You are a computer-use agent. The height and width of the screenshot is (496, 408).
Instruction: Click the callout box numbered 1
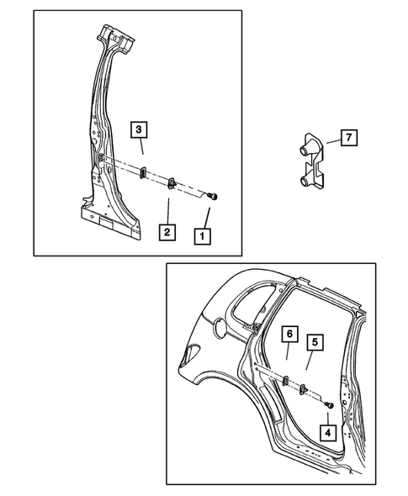coord(202,236)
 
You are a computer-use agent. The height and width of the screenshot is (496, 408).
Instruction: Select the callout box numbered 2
coord(167,232)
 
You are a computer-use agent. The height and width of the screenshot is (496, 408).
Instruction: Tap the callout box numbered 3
coord(139,129)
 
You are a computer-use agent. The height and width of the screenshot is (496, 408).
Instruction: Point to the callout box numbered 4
coord(327,433)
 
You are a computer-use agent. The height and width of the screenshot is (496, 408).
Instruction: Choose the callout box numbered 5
coord(315,342)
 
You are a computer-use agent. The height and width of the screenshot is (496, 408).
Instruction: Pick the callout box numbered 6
coord(290,334)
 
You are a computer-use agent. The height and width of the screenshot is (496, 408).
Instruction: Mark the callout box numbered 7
coord(349,138)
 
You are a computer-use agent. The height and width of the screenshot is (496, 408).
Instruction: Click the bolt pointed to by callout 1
coord(213,197)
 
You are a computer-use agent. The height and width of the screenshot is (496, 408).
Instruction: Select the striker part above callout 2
coord(172,183)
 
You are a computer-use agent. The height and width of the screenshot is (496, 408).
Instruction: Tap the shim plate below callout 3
coord(143,171)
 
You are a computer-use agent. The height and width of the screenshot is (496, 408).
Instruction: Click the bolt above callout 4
coord(329,404)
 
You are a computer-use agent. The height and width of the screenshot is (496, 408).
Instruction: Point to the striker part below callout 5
coord(303,389)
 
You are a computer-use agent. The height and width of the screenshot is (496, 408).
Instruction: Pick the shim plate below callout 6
coord(285,380)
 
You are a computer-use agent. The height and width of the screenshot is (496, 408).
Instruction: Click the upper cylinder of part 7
coord(305,149)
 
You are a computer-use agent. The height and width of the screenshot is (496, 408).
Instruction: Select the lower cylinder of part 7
coord(305,181)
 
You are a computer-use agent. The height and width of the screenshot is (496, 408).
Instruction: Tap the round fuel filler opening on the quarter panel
coord(219,327)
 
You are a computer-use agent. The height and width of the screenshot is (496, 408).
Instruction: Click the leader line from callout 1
coord(207,218)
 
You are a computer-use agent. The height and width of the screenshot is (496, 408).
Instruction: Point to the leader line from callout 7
coord(334,142)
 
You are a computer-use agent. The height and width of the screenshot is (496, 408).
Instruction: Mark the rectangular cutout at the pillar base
coord(106,223)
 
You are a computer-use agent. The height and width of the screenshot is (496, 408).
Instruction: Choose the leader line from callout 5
coord(309,360)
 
